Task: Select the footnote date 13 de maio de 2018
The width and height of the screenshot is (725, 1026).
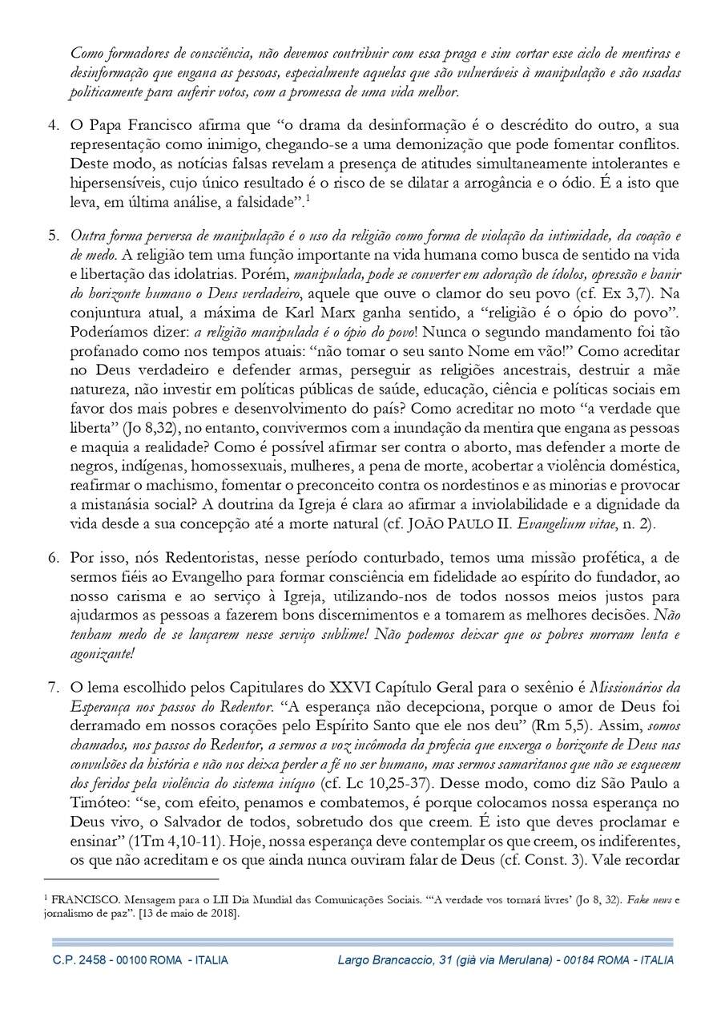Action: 191,913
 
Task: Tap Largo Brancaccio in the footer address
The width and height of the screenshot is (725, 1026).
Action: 381,960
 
